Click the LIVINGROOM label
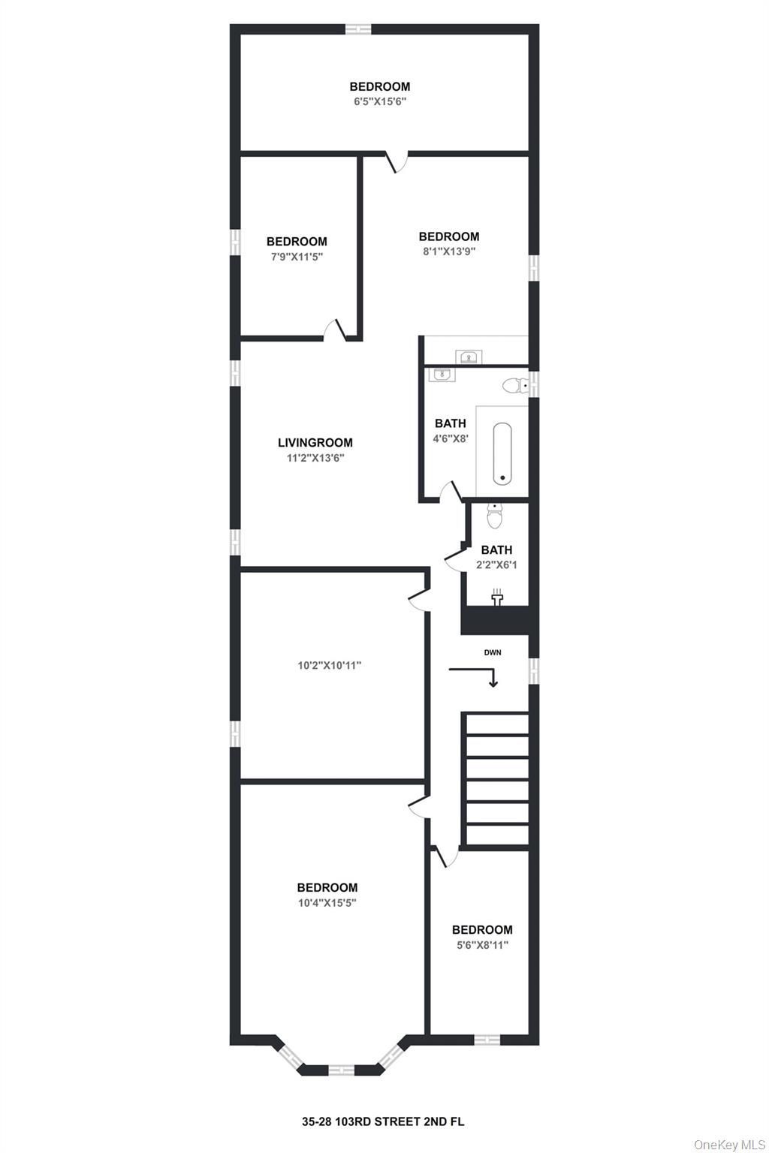pos(315,443)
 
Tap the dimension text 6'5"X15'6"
pos(380,101)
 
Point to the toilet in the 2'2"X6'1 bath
pos(494,516)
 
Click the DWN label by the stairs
pos(493,652)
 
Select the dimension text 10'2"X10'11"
pos(329,665)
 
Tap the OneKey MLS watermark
pos(729,1141)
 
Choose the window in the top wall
pos(358,29)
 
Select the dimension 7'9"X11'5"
pos(297,256)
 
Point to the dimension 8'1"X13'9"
pos(448,251)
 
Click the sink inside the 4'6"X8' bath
pos(442,375)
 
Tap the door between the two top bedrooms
pos(397,161)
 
